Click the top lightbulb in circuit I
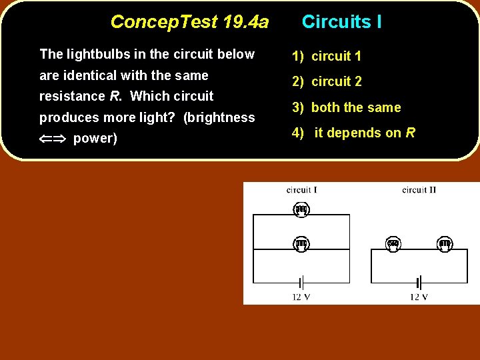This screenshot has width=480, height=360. point(301,210)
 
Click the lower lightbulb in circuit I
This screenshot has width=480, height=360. point(301,244)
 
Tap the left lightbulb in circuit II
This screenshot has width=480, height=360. point(393,245)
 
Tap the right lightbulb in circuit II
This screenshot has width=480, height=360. point(445,245)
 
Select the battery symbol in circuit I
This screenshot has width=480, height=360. point(301,282)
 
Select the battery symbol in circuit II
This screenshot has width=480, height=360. point(419,282)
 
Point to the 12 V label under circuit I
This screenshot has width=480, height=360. point(301,297)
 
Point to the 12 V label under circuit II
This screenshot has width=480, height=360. point(419,297)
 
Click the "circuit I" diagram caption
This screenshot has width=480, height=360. point(301,190)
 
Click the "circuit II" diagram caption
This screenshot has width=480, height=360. point(419,190)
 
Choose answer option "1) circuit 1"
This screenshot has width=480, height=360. point(327,57)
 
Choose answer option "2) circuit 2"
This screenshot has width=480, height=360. point(327,82)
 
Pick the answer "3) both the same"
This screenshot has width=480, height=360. point(346,108)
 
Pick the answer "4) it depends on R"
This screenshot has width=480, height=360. point(353,133)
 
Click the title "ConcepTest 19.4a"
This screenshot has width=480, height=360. point(189,22)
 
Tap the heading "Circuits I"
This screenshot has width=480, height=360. point(341,22)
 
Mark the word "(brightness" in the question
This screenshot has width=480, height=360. point(219,118)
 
